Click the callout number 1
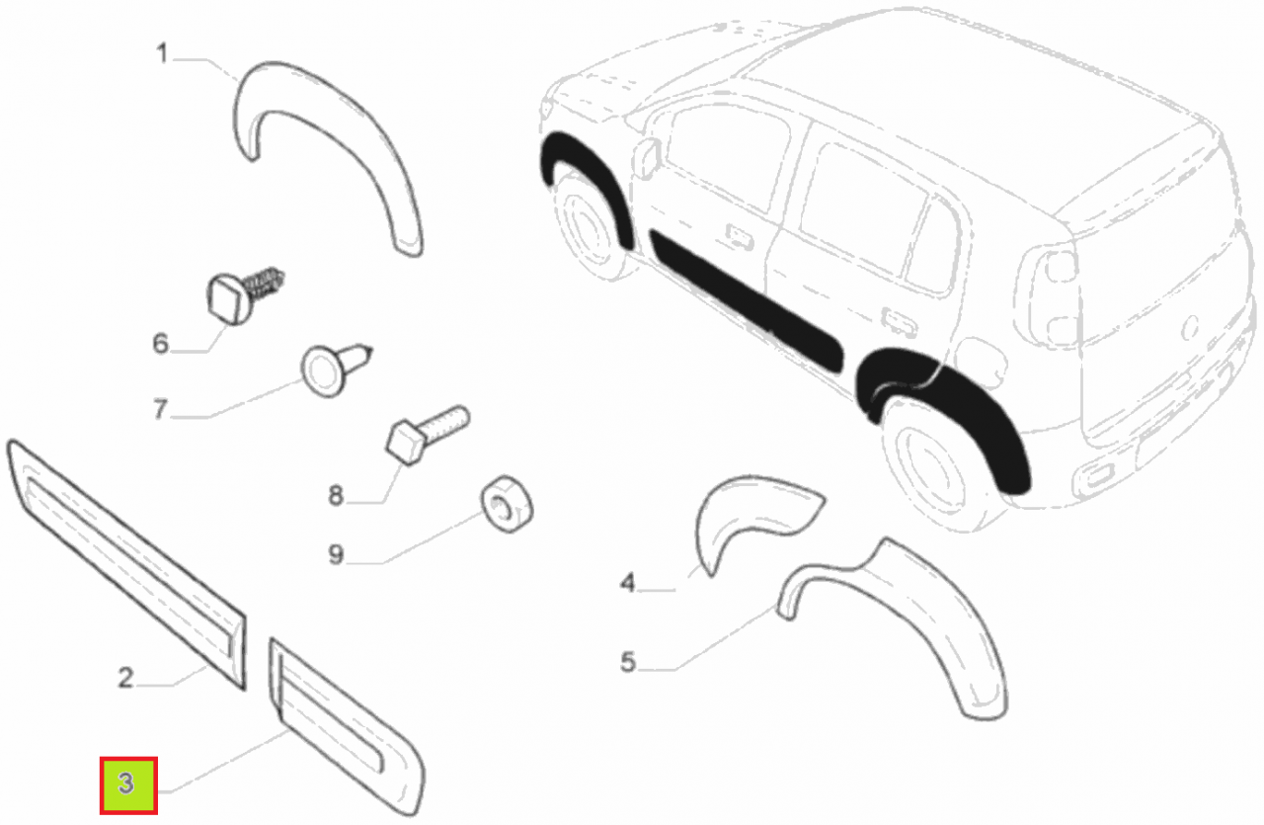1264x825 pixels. tap(162, 54)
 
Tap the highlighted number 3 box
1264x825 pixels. tap(128, 785)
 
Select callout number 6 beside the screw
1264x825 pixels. tap(161, 343)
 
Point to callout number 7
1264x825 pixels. tap(161, 409)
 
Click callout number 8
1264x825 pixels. tap(336, 495)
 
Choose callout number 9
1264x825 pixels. tap(336, 554)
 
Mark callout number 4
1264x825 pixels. tap(627, 582)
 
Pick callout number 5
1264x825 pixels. tap(627, 662)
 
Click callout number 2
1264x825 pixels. tap(125, 677)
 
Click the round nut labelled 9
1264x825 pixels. tap(507, 503)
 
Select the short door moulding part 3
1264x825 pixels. tap(346, 727)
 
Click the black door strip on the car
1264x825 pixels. tap(746, 300)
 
